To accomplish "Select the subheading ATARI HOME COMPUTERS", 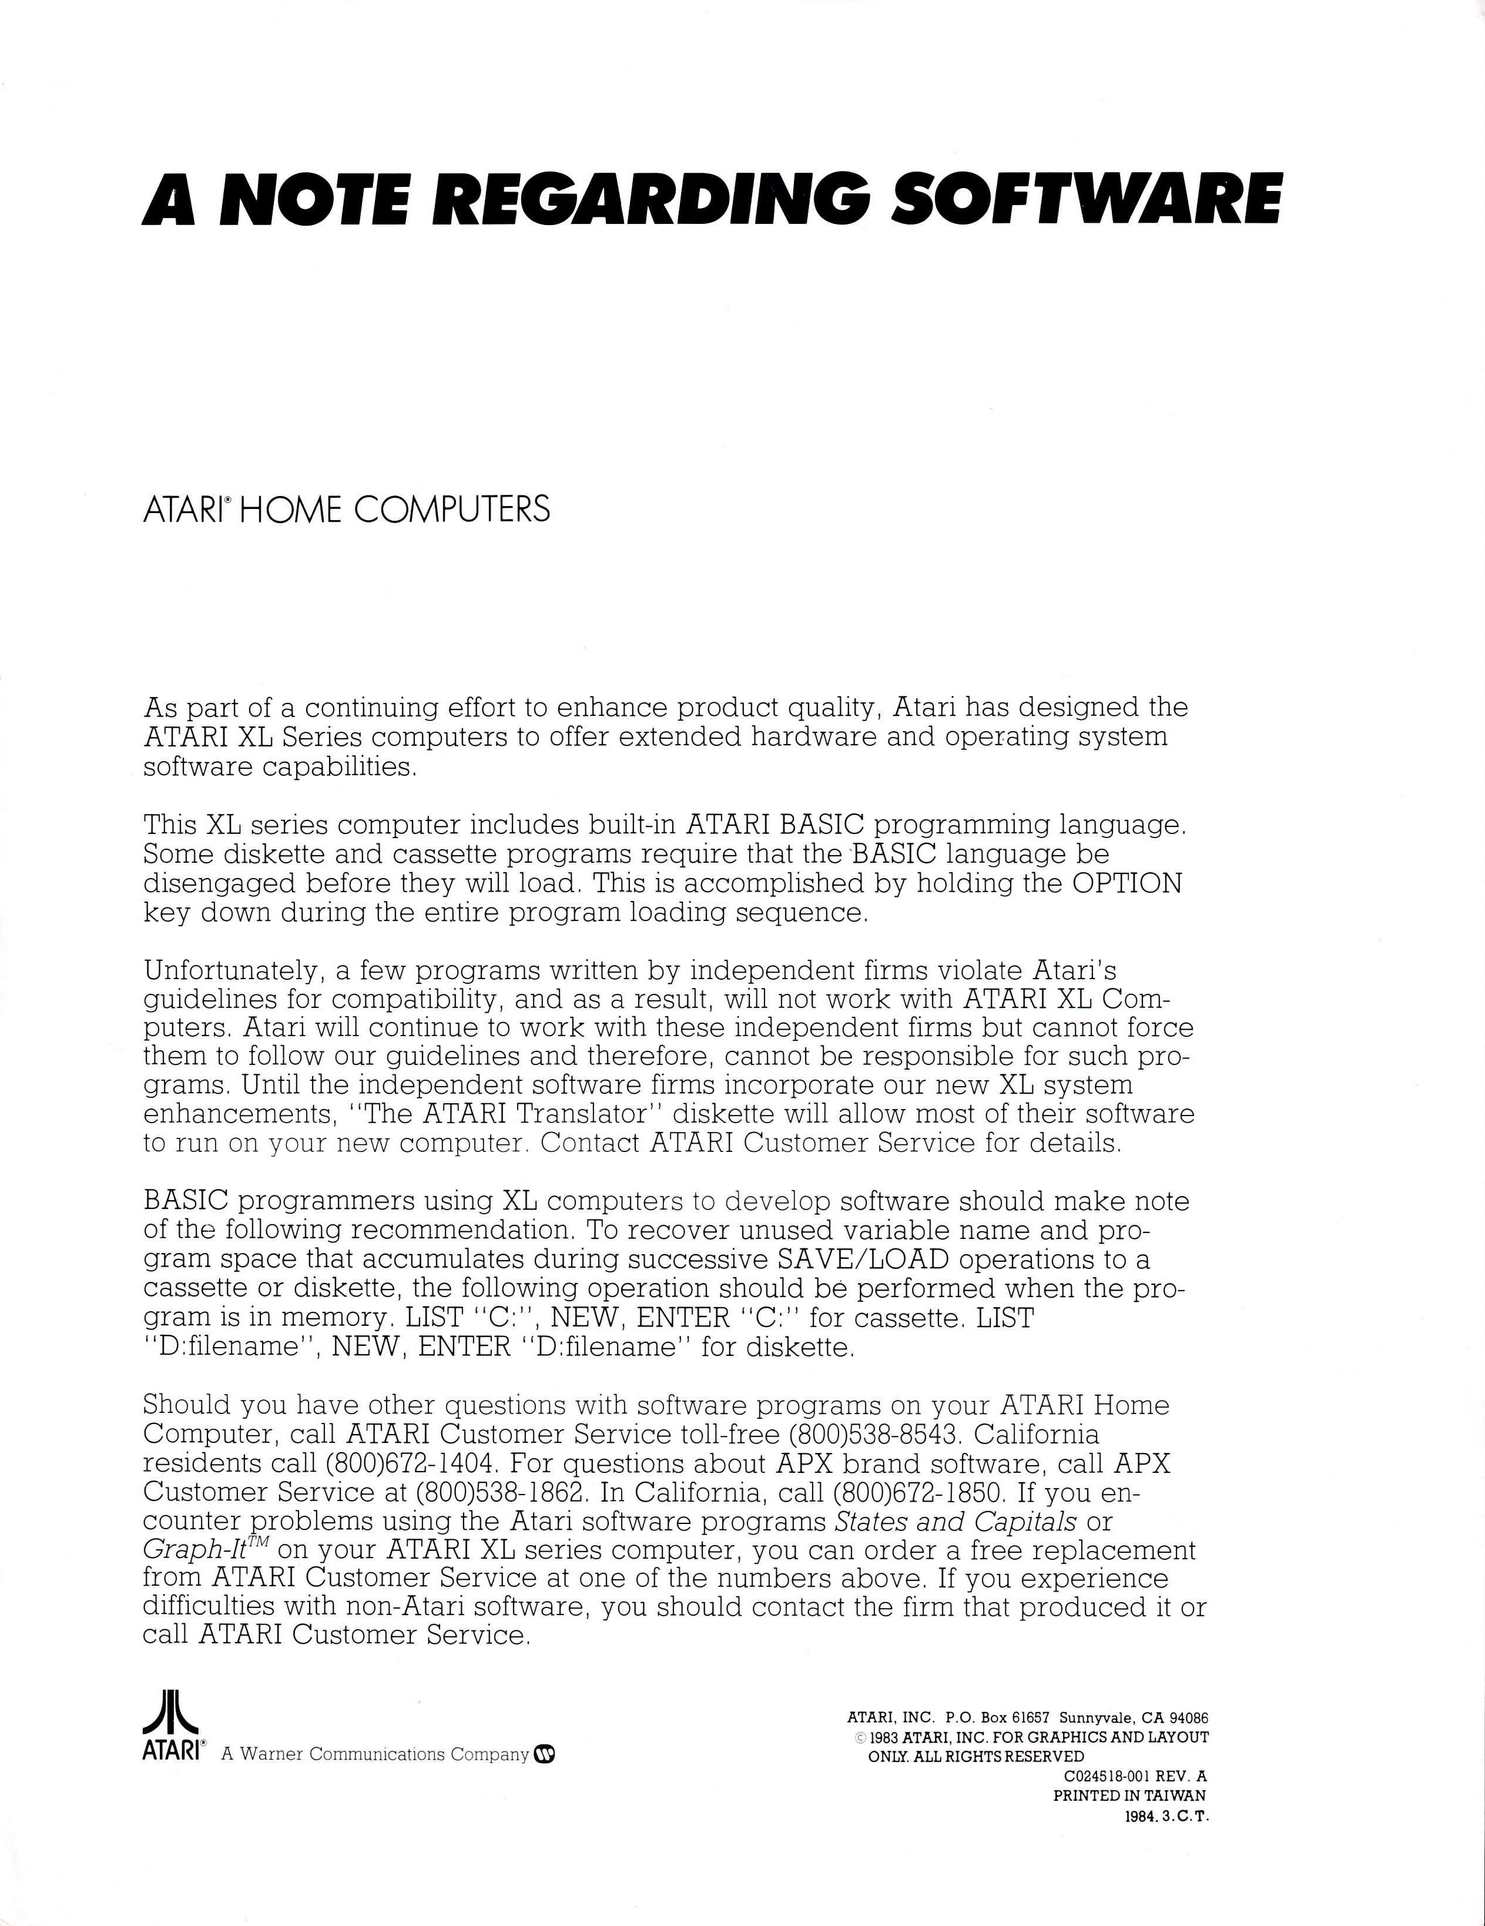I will [x=346, y=510].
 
